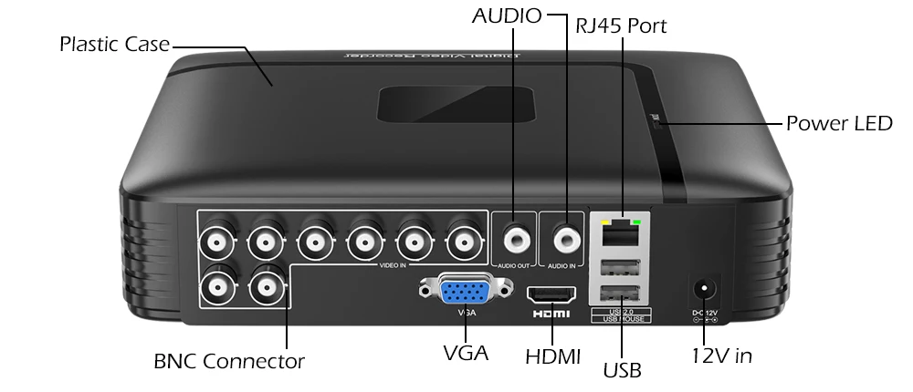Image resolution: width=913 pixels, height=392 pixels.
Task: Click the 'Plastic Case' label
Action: pyautogui.click(x=114, y=44)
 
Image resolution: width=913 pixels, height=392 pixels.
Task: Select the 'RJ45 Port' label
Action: pyautogui.click(x=621, y=26)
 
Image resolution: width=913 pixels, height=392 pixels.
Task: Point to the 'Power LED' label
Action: pyautogui.click(x=838, y=123)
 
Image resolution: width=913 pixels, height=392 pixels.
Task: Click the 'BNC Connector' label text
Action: pyautogui.click(x=229, y=361)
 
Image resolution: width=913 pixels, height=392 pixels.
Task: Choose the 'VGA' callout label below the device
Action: pyautogui.click(x=465, y=353)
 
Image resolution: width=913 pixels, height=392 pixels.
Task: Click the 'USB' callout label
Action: pyautogui.click(x=622, y=370)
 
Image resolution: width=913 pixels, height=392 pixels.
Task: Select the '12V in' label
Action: pyautogui.click(x=721, y=356)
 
